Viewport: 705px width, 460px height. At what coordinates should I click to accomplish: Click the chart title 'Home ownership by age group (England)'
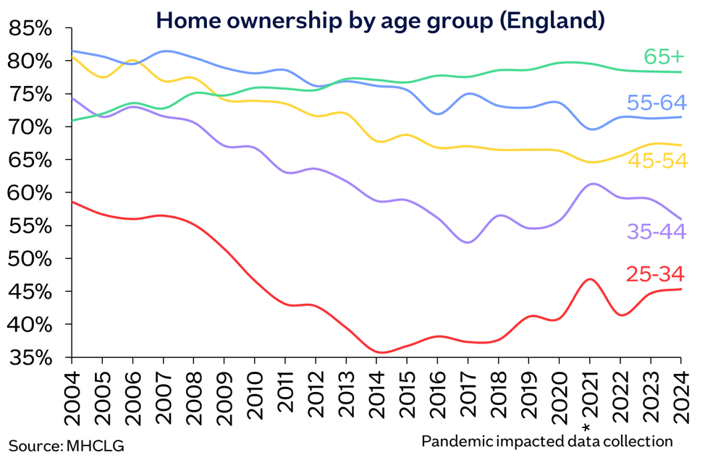380,20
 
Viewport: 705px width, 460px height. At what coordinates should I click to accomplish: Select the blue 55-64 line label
657,103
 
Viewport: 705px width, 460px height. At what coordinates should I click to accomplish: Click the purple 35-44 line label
657,231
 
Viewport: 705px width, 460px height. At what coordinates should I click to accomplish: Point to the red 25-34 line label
657,274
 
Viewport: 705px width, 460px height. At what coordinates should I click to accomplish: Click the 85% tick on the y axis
30,30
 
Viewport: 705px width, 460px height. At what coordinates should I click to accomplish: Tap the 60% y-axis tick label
30,194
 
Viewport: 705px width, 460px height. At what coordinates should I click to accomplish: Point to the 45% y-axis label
30,292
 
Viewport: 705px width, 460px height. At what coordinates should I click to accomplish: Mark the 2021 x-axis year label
590,401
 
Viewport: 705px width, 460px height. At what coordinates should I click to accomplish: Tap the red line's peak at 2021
591,279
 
